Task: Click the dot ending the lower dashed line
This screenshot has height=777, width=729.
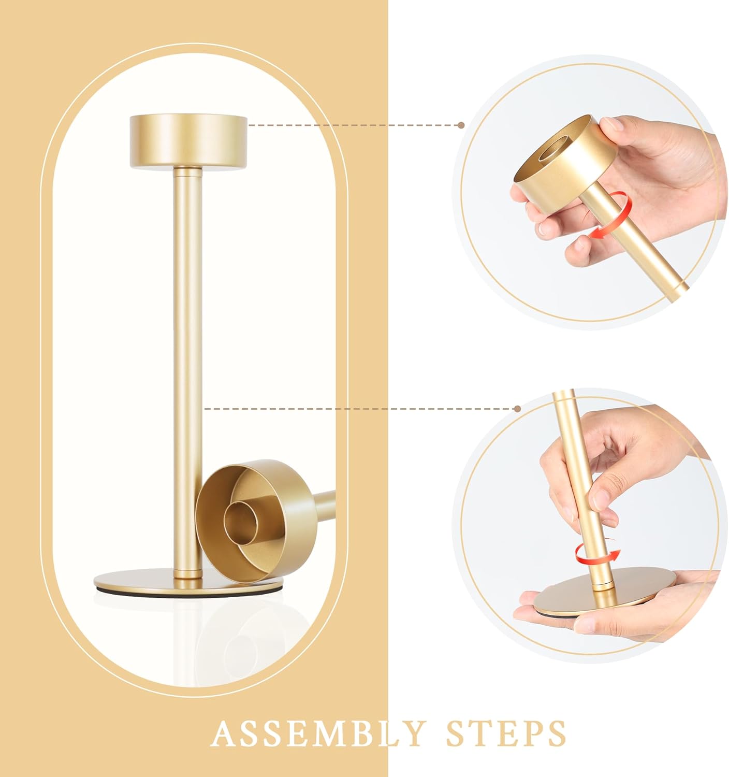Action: point(517,409)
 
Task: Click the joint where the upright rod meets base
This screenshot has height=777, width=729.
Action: point(188,572)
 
